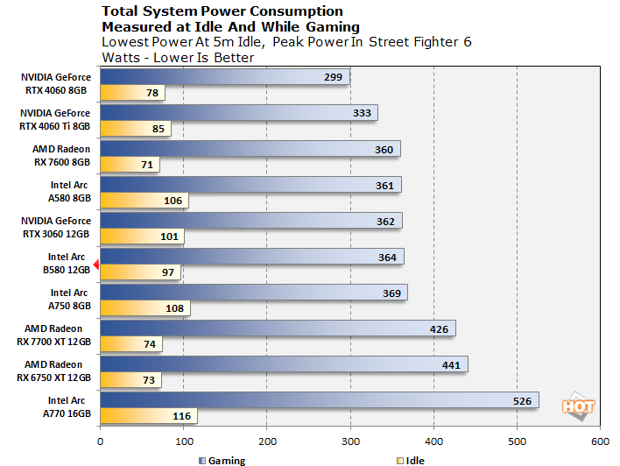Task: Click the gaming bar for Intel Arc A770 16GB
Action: coord(319,400)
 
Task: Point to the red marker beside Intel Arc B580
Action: coord(96,264)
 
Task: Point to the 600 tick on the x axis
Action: coord(600,441)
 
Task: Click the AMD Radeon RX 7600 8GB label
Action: coord(61,155)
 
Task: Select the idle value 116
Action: coord(182,416)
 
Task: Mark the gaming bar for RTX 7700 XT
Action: coord(278,329)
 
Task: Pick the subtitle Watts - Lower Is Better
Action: coord(178,58)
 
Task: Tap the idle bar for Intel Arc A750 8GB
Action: coord(144,308)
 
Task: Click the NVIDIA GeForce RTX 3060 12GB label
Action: coord(56,227)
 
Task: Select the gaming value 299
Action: coord(333,77)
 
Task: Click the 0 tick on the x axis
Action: coord(101,441)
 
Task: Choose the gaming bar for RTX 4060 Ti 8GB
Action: coord(238,113)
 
